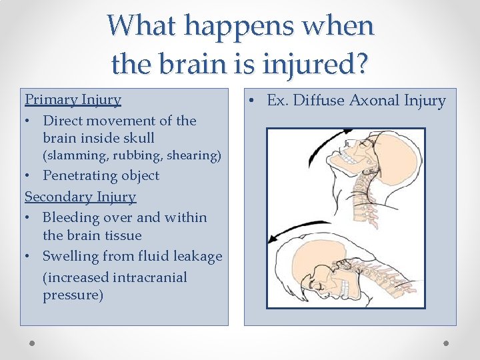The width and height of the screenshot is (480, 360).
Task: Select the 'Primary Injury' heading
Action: point(73,99)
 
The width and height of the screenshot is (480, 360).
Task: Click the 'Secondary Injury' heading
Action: point(80,197)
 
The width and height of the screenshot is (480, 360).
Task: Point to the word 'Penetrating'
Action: point(81,175)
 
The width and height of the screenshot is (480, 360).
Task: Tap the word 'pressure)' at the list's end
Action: point(73,295)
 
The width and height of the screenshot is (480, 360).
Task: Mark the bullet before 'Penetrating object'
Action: point(29,176)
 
